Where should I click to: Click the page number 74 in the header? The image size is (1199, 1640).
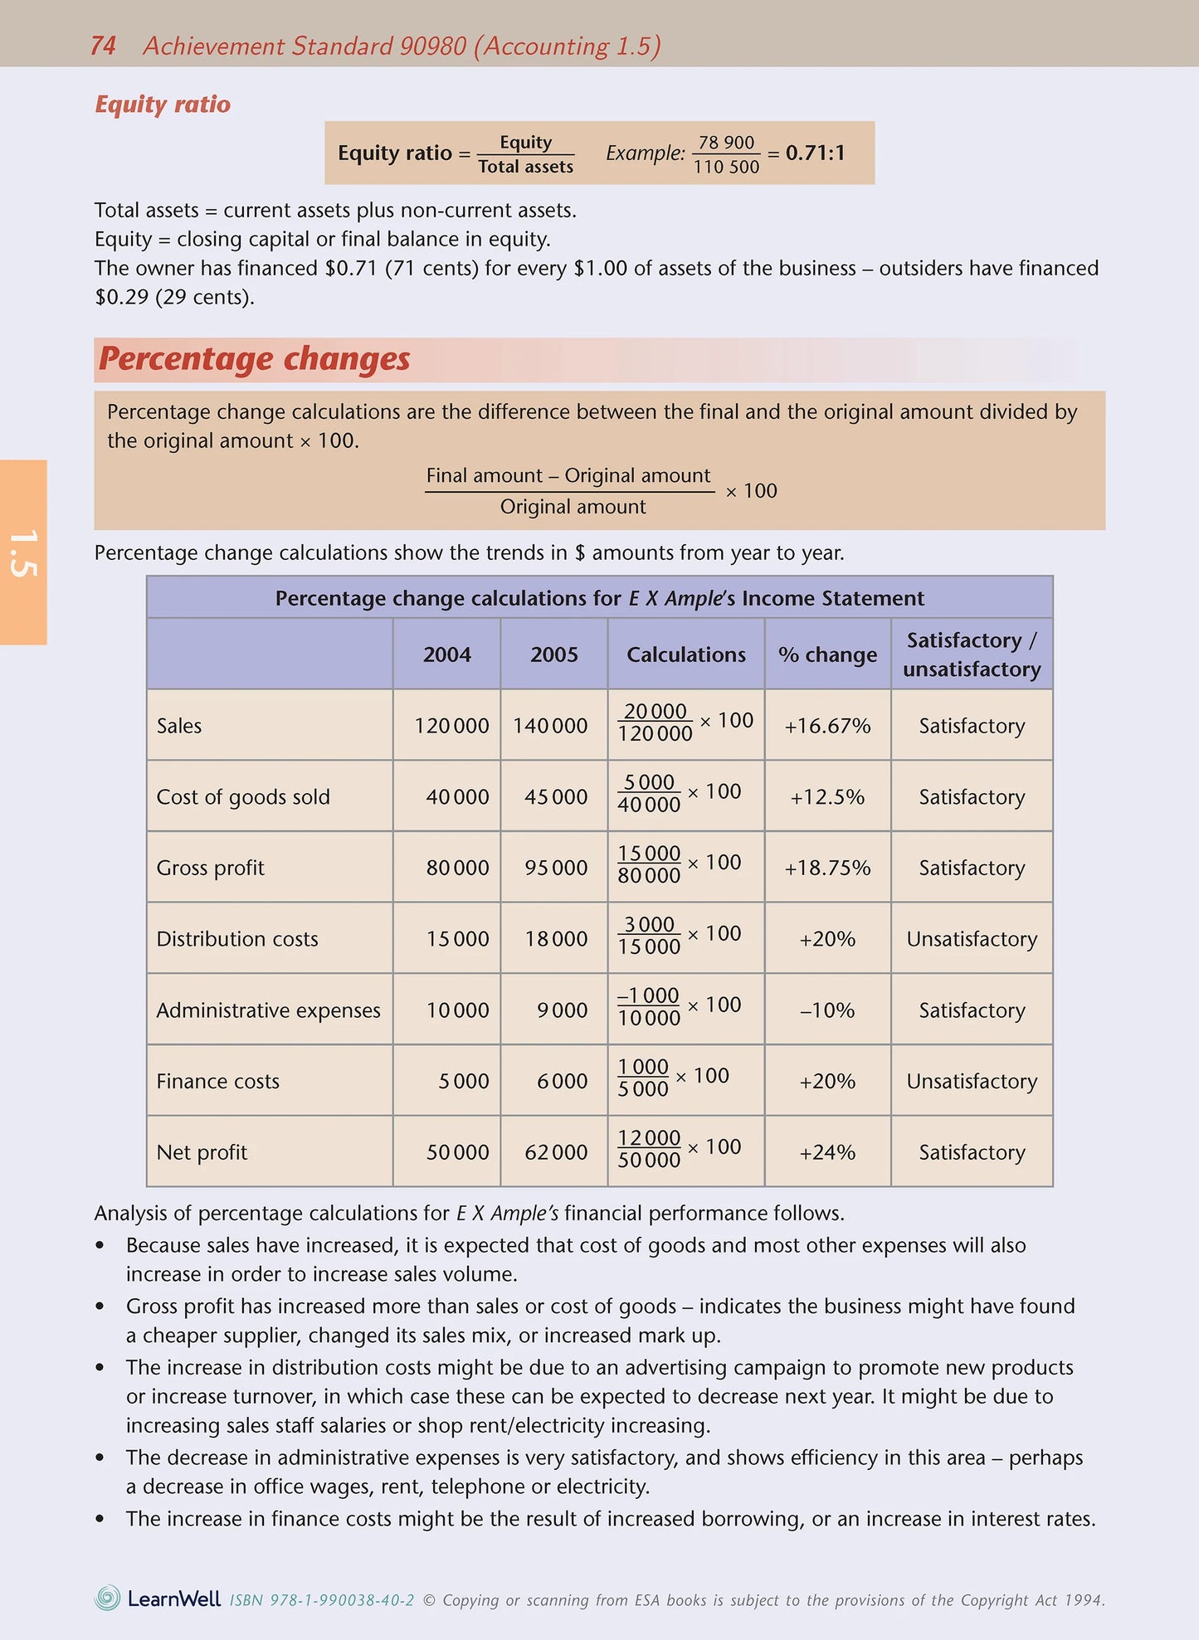pos(103,46)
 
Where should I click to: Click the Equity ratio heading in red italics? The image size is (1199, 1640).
pos(163,105)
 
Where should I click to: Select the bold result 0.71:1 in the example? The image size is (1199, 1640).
pos(815,153)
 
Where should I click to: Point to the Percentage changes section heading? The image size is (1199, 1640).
pos(255,359)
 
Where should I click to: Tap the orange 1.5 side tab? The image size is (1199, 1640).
pos(23,552)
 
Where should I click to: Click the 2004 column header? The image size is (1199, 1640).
pos(446,655)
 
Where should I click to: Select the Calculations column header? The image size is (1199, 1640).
pos(685,655)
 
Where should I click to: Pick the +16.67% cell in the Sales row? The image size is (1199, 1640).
pos(827,726)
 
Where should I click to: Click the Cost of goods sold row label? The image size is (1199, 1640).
pos(243,797)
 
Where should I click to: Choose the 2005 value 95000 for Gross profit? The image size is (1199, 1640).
pos(555,868)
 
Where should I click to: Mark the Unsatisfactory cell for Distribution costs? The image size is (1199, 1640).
pos(972,939)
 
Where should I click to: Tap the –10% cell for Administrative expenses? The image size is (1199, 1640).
pos(827,1010)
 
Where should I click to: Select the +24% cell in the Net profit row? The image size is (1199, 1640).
pos(827,1152)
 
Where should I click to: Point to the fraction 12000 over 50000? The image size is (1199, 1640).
pos(649,1149)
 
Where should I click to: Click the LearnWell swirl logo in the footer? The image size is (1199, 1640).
pos(108,1598)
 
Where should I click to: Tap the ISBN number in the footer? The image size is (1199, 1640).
pos(322,1600)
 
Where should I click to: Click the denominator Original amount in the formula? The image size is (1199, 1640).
pos(573,507)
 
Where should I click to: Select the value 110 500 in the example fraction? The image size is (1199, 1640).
pos(726,167)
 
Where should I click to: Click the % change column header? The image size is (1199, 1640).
pos(827,655)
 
